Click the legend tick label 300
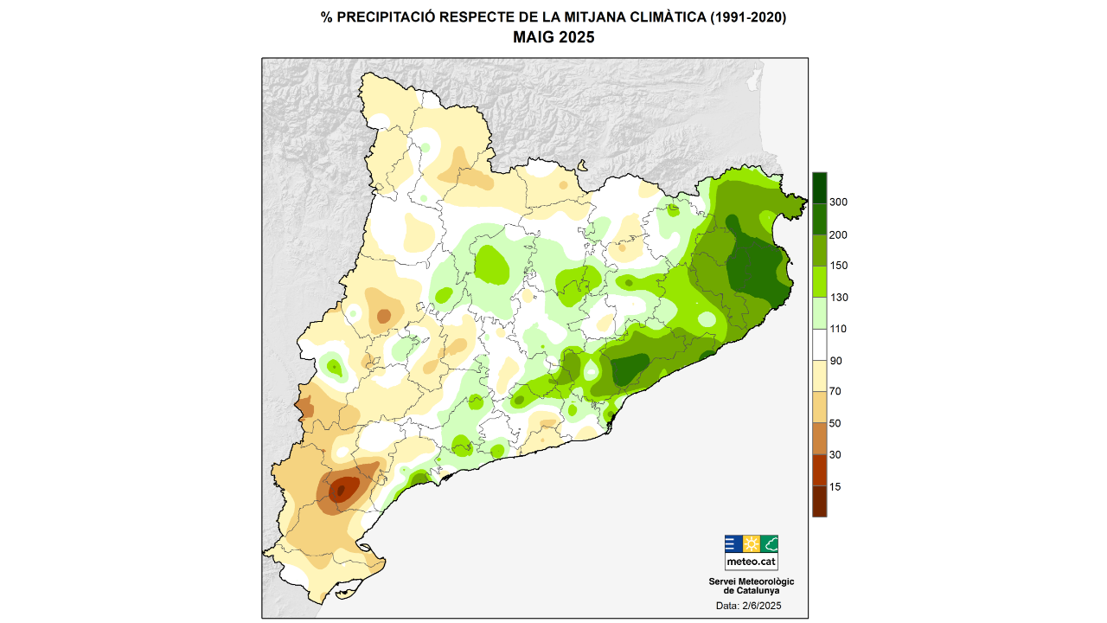pyautogui.click(x=838, y=202)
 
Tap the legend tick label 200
pyautogui.click(x=838, y=234)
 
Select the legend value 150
pyautogui.click(x=838, y=266)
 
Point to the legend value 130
pyautogui.click(x=838, y=298)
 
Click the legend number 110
pyautogui.click(x=838, y=329)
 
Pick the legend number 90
pyautogui.click(x=835, y=361)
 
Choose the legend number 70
pyautogui.click(x=835, y=392)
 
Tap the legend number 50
pyautogui.click(x=835, y=423)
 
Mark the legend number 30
pyautogui.click(x=835, y=455)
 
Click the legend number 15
pyautogui.click(x=835, y=486)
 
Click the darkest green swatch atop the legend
pyautogui.click(x=819, y=186)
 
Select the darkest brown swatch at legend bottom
pyautogui.click(x=819, y=502)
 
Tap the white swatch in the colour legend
pyautogui.click(x=819, y=344)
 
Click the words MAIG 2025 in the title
pyautogui.click(x=553, y=37)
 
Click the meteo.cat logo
pyautogui.click(x=751, y=552)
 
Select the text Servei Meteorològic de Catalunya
pyautogui.click(x=751, y=586)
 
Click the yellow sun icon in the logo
pyautogui.click(x=751, y=544)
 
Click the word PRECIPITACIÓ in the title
pyautogui.click(x=381, y=17)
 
